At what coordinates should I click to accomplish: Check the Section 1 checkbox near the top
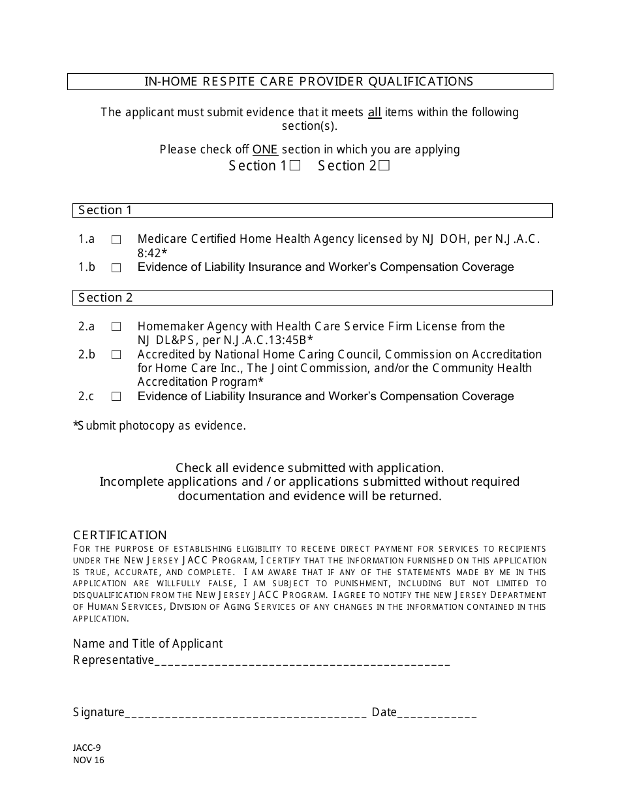tap(295, 166)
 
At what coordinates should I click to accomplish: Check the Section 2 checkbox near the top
tap(384, 166)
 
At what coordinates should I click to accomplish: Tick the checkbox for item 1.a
tap(116, 240)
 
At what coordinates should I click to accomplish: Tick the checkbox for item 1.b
tap(116, 268)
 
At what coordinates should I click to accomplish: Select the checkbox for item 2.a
tap(116, 326)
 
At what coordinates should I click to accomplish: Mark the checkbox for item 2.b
tap(116, 355)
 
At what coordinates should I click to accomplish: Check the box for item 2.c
tap(116, 397)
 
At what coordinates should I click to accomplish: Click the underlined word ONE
tap(265, 150)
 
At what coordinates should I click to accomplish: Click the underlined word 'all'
tap(375, 112)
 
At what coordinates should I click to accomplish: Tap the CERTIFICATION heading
tap(120, 535)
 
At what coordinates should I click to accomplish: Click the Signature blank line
tap(245, 713)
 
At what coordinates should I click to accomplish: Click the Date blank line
tap(437, 713)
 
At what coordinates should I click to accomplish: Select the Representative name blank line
tap(302, 661)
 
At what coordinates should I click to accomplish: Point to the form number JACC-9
tap(87, 748)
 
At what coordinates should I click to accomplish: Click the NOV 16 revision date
tap(89, 760)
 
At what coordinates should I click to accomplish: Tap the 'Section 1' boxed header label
tap(105, 210)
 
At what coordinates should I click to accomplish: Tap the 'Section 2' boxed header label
tap(105, 298)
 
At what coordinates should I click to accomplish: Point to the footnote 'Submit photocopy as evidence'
tap(161, 426)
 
